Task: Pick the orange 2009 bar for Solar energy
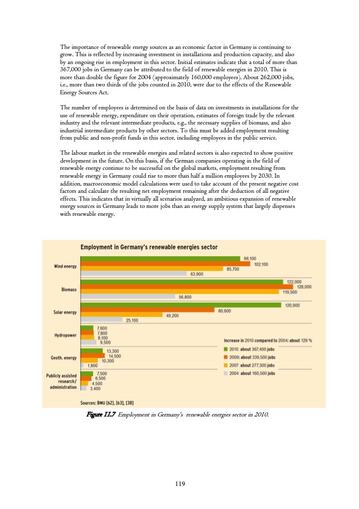(x=148, y=311)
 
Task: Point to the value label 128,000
(x=304, y=287)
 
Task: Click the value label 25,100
(x=133, y=320)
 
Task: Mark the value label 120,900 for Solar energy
(x=293, y=305)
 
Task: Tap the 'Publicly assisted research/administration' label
(x=62, y=381)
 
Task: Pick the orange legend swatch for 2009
(x=226, y=357)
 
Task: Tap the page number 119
(x=180, y=483)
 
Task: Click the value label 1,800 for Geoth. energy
(x=93, y=366)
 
